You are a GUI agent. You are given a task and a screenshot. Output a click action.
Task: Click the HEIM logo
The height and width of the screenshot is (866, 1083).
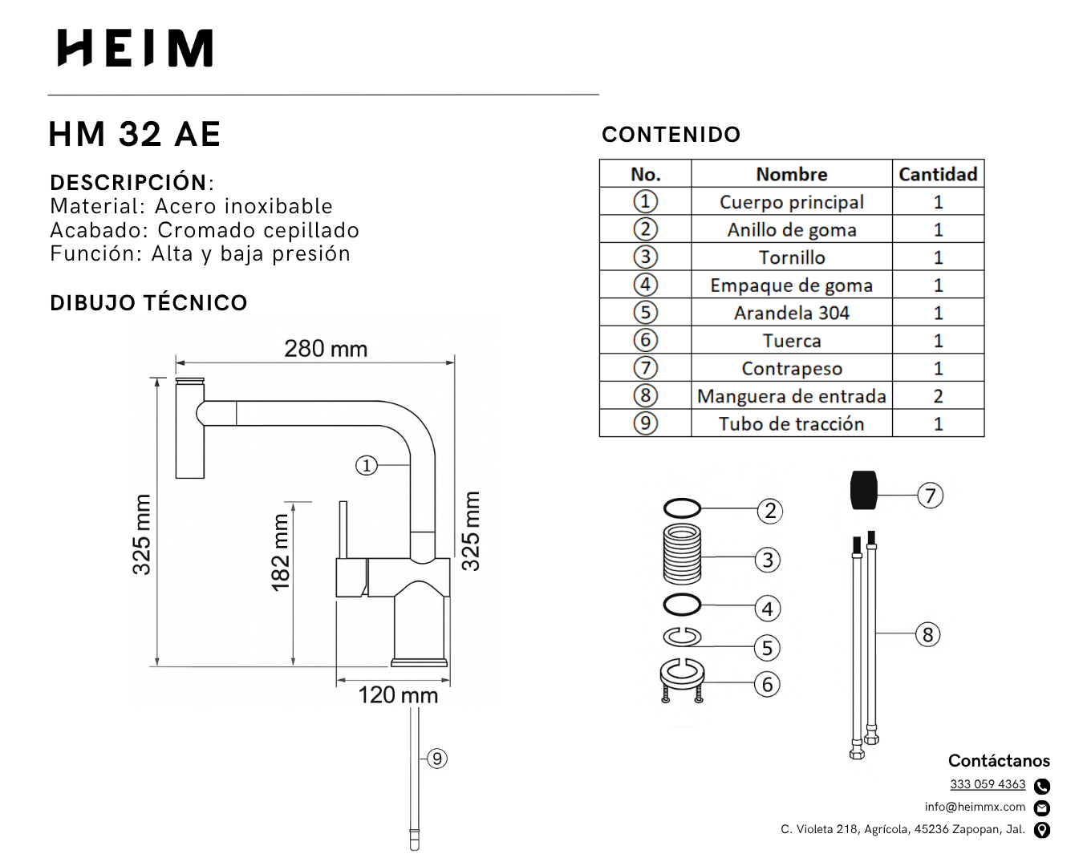coord(135,48)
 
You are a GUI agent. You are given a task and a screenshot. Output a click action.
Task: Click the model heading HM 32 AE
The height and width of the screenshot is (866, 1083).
coord(135,134)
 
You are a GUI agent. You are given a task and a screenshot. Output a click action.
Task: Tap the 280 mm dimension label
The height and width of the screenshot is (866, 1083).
coord(326,349)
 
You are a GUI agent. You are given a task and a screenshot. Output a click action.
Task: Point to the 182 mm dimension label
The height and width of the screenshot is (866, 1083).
coord(281,552)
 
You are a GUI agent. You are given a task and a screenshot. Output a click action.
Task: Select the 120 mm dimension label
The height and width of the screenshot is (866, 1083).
coord(398,694)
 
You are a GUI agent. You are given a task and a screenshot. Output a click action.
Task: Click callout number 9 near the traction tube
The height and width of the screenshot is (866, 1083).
coord(436,759)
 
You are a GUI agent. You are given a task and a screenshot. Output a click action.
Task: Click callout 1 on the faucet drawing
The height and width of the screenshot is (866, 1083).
coord(367,465)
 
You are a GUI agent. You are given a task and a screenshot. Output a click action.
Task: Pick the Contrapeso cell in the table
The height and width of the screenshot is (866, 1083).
coord(791,368)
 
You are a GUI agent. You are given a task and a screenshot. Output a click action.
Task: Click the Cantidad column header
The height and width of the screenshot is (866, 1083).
coord(937,174)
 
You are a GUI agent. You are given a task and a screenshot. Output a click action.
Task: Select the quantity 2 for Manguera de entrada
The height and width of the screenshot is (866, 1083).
coord(938,396)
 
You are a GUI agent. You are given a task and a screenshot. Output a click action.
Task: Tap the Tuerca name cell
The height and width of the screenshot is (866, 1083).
coord(791,341)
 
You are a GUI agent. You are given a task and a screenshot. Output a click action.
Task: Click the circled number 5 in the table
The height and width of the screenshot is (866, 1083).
coord(645,313)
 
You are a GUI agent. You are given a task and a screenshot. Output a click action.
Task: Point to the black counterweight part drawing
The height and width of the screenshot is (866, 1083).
coord(863,491)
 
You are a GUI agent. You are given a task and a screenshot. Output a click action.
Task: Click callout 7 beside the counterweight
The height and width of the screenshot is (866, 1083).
coord(931,496)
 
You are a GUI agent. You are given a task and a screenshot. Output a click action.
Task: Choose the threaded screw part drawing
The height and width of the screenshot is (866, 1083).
coord(683,553)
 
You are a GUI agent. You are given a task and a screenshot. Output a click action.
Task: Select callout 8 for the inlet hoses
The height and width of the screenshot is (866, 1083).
coord(928,635)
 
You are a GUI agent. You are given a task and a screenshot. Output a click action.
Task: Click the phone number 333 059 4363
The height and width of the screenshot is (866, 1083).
coord(988,784)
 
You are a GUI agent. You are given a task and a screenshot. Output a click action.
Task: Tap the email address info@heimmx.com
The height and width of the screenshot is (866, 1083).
coord(975,807)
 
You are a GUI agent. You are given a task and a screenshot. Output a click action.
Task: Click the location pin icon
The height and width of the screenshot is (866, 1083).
coord(1042,830)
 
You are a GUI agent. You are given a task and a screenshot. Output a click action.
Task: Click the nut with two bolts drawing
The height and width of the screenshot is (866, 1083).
coord(682,680)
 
